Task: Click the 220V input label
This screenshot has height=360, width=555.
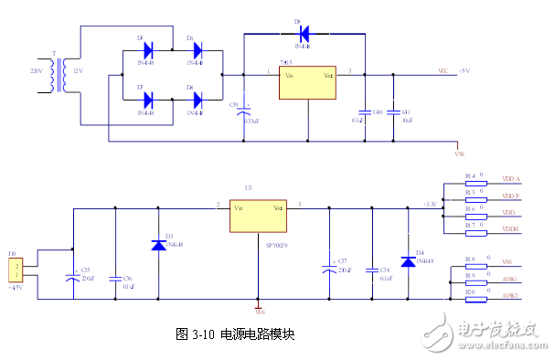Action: tap(37, 70)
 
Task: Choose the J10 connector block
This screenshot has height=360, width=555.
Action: tap(15, 270)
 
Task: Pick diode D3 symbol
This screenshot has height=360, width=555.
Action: tap(158, 245)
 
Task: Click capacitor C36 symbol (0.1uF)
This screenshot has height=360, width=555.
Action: tap(115, 277)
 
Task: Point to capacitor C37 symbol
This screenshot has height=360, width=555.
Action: tap(328, 269)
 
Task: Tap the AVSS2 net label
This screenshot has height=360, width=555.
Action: tap(510, 296)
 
